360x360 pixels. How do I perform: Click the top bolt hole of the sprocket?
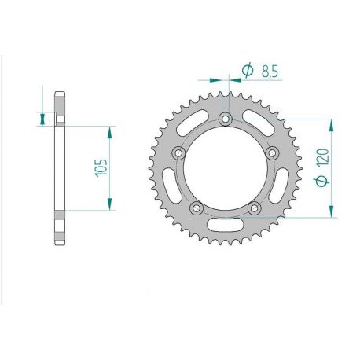pyautogui.click(x=226, y=119)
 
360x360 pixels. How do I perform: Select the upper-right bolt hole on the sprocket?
pyautogui.click(x=274, y=153)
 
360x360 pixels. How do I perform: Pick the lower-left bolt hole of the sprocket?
pyautogui.click(x=196, y=208)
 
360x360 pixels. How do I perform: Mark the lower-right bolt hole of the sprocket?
pyautogui.click(x=255, y=208)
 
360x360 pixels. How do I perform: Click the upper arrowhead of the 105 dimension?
pyautogui.click(x=109, y=129)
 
